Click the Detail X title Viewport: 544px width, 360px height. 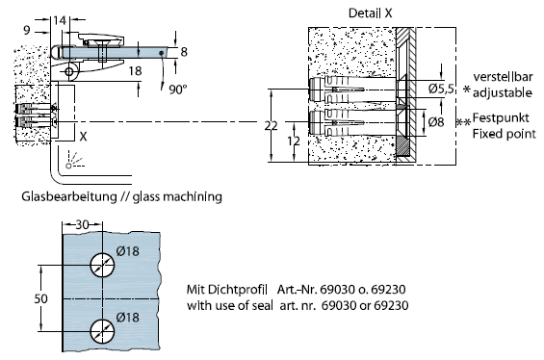point(370,13)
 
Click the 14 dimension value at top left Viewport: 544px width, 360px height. point(60,20)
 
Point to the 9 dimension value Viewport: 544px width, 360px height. point(27,31)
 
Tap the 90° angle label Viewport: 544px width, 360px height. point(178,90)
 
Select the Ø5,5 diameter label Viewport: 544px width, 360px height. point(441,89)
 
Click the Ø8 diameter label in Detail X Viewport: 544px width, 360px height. point(436,122)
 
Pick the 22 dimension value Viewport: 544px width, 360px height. point(271,125)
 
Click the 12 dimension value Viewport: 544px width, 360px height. point(294,141)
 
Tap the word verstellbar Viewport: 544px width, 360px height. point(503,77)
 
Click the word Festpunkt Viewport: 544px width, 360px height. point(501,118)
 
